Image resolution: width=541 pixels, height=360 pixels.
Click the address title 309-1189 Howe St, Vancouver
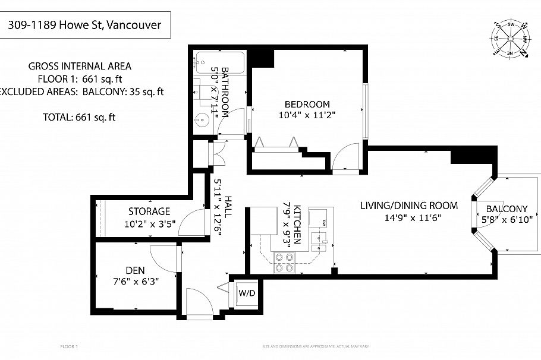coord(85,27)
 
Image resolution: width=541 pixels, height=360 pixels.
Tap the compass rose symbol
coord(510,39)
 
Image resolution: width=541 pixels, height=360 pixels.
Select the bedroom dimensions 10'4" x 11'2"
coord(307,116)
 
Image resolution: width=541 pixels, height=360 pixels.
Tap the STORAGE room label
coord(149,211)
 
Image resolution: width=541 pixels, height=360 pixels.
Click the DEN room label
coord(136,270)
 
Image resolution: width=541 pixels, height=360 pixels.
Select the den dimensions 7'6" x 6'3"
coord(136,282)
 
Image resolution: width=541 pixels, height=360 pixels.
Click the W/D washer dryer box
coord(246,292)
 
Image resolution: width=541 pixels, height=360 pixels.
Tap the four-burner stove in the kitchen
coord(284,262)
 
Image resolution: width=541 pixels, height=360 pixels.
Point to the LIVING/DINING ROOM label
coord(409,206)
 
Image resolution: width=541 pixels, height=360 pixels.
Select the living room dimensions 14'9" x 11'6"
coord(409,218)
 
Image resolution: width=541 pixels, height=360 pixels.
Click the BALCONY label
coord(507,209)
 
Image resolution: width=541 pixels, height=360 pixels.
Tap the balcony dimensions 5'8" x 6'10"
coord(507,219)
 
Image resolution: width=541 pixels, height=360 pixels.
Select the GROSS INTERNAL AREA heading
coord(80,66)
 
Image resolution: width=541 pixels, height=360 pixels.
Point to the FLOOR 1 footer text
coord(69,346)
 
